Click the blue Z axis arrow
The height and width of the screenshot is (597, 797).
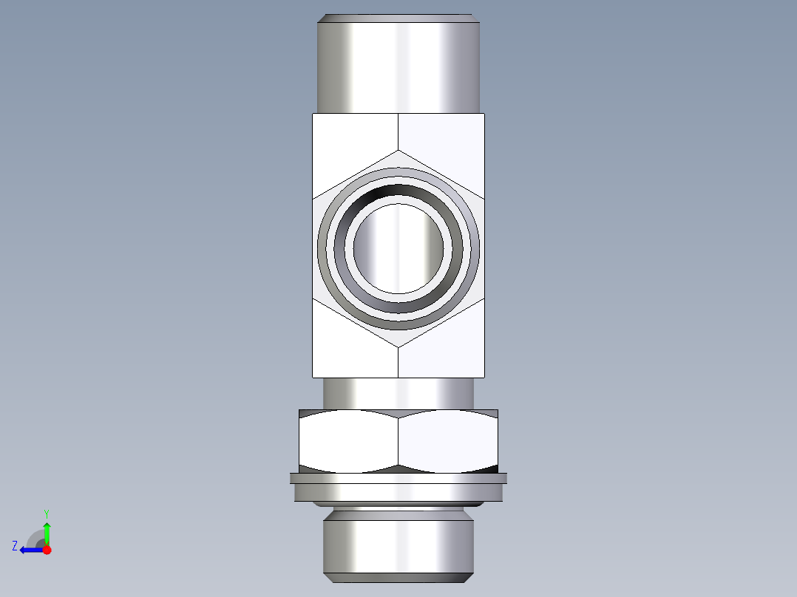[28, 550]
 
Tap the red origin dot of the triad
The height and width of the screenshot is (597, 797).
[47, 550]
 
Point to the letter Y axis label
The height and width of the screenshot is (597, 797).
[46, 513]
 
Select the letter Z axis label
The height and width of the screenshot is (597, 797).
[15, 546]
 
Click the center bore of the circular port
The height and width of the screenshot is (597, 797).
[398, 248]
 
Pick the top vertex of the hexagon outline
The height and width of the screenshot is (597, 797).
[398, 151]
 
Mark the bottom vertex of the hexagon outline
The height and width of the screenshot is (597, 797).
[398, 347]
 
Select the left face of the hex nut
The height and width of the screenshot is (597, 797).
[348, 441]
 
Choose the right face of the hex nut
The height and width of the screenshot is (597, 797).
[447, 441]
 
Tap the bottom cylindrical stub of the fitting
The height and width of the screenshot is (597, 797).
[398, 547]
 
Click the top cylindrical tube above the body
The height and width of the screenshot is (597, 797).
[399, 66]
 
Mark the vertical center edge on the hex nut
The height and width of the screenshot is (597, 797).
[398, 441]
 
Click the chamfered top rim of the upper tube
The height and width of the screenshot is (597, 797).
[399, 18]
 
